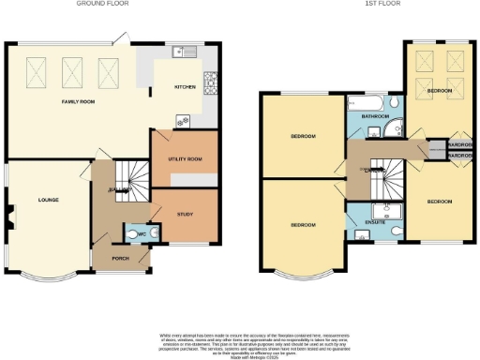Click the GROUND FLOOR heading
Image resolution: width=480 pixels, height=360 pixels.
tap(103, 3)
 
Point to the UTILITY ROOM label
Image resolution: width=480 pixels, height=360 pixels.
tap(185, 159)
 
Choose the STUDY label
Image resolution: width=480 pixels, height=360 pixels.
tap(184, 214)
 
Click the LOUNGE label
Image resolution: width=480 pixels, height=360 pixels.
tap(49, 200)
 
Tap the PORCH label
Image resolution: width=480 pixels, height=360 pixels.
tap(120, 258)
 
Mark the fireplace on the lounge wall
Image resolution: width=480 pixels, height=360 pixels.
tap(10, 218)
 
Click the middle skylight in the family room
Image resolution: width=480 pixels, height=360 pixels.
tap(71, 68)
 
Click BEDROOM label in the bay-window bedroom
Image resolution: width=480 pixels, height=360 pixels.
tap(302, 225)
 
